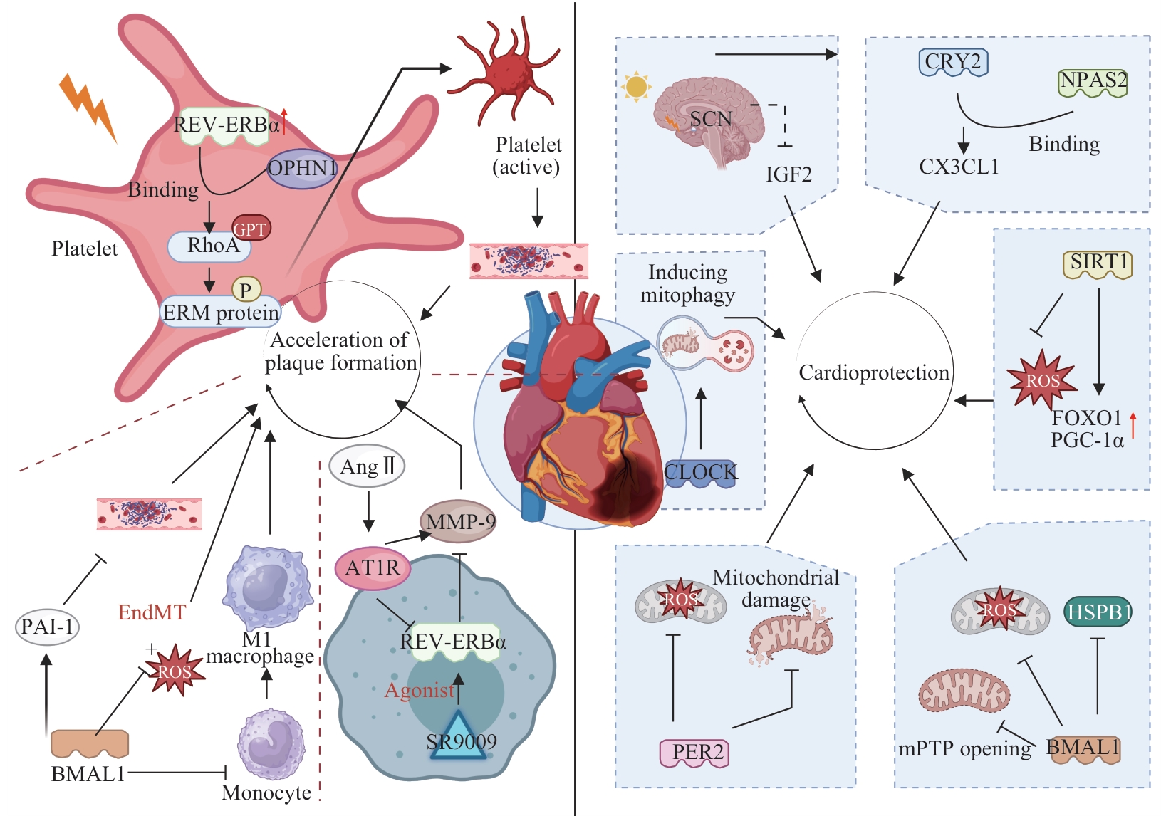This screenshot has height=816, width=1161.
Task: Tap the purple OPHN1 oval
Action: tap(302, 168)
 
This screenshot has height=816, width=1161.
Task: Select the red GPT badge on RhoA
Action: tap(251, 228)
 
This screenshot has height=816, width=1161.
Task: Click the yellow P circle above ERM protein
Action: tap(246, 290)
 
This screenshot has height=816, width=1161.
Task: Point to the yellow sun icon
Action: tap(636, 87)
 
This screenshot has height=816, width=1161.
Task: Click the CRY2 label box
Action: tap(953, 62)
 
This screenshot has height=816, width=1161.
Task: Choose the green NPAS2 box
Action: tap(1093, 82)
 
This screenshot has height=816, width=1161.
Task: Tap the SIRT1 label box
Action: tap(1098, 263)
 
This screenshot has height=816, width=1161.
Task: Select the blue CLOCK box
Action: tap(700, 474)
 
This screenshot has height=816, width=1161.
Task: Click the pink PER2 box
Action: tap(694, 753)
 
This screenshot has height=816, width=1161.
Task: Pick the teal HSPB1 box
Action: tap(1098, 612)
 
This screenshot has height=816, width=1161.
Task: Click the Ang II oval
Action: tap(367, 466)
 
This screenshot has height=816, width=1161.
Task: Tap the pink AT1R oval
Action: tap(373, 568)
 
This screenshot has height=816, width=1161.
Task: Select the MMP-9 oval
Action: tap(458, 521)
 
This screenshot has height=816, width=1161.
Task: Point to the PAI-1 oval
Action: tap(47, 627)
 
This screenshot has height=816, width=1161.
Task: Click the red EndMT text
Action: tap(151, 612)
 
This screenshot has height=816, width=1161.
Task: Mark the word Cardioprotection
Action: tap(874, 372)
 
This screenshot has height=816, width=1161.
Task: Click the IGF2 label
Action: tap(789, 174)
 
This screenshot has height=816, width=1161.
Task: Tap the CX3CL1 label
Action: tap(959, 167)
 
